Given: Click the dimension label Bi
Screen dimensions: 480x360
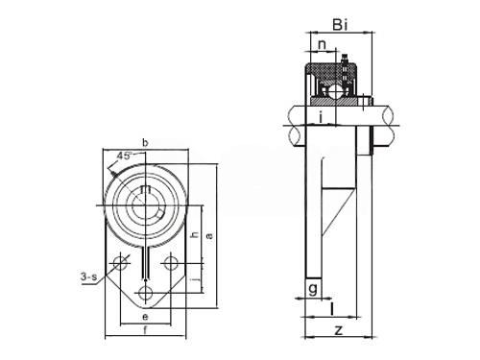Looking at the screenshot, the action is pyautogui.click(x=340, y=25).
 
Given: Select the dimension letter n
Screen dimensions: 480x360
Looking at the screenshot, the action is pyautogui.click(x=323, y=44).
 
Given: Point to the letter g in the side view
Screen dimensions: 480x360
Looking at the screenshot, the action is pyautogui.click(x=313, y=289).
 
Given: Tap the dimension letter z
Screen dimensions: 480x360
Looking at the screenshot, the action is pyautogui.click(x=338, y=330).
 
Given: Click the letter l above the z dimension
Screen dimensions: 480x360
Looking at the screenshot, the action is pyautogui.click(x=332, y=309).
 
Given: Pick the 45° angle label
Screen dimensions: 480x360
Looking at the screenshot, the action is pyautogui.click(x=124, y=156).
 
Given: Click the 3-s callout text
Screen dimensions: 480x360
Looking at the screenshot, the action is pyautogui.click(x=88, y=276).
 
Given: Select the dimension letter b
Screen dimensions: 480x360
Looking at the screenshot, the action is pyautogui.click(x=145, y=142).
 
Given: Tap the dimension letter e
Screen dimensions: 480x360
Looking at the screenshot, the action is pyautogui.click(x=145, y=317).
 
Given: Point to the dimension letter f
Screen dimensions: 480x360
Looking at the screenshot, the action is pyautogui.click(x=145, y=329).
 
